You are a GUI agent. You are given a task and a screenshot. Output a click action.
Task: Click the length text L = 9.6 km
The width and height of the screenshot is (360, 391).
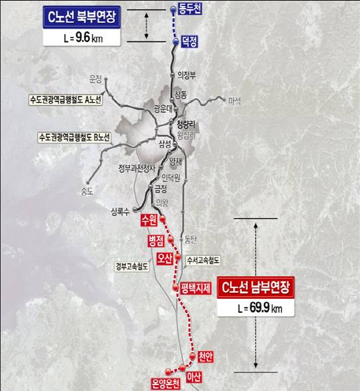pos(82,38)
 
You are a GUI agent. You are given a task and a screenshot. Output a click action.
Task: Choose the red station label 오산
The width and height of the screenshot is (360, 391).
pos(165,258)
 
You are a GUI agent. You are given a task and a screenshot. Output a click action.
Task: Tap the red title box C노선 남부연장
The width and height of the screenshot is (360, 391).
pos(257,288)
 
